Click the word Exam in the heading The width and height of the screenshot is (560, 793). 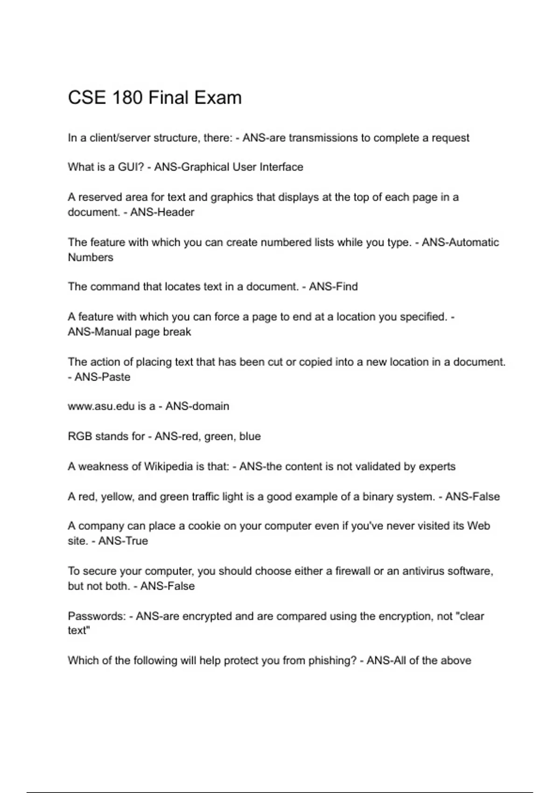coord(218,98)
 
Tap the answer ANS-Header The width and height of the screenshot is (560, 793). coord(162,212)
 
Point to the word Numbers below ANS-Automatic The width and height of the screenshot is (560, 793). coord(91,257)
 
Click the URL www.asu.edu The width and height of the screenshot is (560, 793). coord(101,406)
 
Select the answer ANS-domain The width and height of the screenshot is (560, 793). coord(197,406)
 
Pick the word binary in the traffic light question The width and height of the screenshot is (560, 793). coord(378,497)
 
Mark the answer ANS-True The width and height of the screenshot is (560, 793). coord(123,541)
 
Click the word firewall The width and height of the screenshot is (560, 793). coord(353,571)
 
